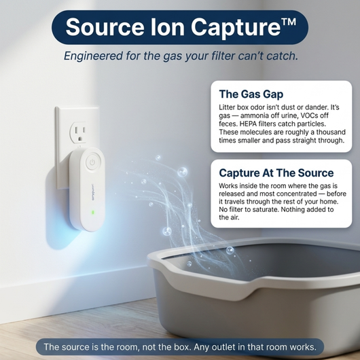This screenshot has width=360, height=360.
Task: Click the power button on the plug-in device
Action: pos(92,162)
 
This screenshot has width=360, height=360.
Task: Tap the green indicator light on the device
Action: pos(93,212)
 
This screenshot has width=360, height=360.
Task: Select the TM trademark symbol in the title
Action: pos(289,22)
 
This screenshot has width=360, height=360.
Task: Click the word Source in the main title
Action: pos(105,27)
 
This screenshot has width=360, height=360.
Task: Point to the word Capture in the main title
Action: pos(236,29)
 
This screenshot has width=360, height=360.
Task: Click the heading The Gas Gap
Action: pos(251,94)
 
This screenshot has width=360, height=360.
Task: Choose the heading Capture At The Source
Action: pos(276,173)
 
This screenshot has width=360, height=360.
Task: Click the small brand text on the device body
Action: pos(92,192)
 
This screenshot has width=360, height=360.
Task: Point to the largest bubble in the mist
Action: pos(182,172)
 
